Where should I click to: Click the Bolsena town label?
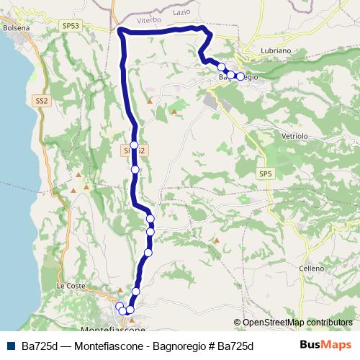(15, 27)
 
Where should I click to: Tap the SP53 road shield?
(71, 24)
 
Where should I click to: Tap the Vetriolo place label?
(292, 135)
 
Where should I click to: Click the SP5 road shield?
(266, 174)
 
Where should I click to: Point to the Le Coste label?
(71, 285)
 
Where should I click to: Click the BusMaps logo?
(325, 345)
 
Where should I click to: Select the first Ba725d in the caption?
(40, 346)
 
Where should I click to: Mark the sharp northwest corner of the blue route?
(120, 30)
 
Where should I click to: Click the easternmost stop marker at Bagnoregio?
(240, 76)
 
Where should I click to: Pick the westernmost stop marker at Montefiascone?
(119, 307)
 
